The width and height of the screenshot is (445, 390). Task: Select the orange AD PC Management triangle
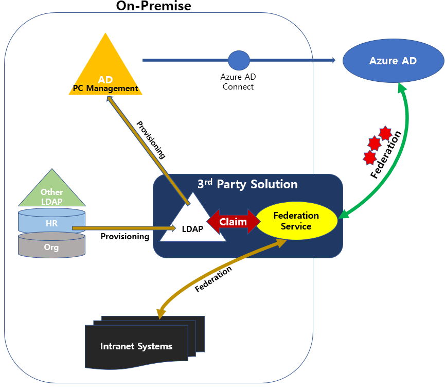tap(105, 72)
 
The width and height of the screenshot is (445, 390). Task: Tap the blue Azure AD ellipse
tap(393, 61)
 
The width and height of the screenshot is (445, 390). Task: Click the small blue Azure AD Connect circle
tap(239, 60)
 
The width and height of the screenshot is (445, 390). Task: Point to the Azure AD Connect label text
tap(238, 82)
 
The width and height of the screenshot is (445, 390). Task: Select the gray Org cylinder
tap(51, 247)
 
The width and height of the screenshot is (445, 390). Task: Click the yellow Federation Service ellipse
tap(296, 221)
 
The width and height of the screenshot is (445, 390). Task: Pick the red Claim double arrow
tap(234, 222)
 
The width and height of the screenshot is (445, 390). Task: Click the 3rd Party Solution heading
tap(247, 184)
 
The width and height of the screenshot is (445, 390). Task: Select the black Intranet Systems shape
tap(136, 346)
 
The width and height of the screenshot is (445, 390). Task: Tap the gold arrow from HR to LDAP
tap(116, 227)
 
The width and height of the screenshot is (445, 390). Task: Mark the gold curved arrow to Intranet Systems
tap(206, 278)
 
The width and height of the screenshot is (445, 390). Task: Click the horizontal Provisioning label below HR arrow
tap(124, 237)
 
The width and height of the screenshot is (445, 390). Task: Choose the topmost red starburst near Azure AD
tap(385, 133)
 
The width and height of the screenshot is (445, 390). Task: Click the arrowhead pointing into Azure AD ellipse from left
tap(333, 60)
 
